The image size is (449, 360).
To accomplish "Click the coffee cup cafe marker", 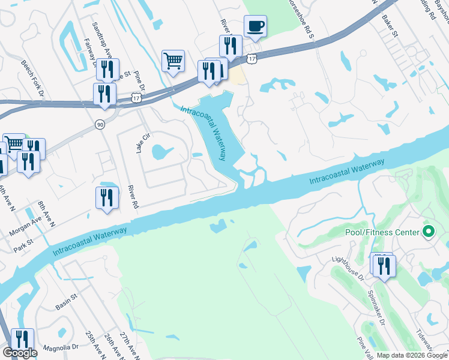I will click(255, 26).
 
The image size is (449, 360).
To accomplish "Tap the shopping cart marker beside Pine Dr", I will click(173, 61).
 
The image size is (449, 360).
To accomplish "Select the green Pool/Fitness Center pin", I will click(429, 232).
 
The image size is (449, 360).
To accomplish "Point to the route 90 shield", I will click(100, 124).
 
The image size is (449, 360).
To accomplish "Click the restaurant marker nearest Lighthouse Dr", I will click(384, 265).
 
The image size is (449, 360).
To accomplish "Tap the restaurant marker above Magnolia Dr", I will click(23, 340).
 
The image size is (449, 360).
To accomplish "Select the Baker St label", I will click(391, 25).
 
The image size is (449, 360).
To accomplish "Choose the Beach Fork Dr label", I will click(33, 78).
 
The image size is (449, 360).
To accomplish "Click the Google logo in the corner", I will click(20, 353).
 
